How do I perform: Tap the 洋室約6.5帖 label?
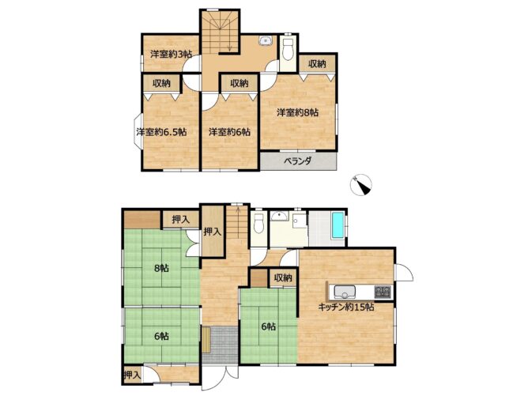coord(161,132)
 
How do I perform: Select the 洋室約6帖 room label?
coord(229,132)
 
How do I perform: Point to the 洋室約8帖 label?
coord(298,112)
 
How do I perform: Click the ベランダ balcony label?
coord(297,161)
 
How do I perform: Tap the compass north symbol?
coord(361,185)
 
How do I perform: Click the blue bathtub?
coord(338,225)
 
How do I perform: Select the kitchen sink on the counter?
coord(345,292)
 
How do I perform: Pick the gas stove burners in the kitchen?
coord(383,291)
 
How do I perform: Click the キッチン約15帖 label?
coord(346,307)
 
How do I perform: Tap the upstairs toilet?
coord(288,50)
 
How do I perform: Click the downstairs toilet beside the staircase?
coord(258,223)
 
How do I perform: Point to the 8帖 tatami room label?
coord(161,268)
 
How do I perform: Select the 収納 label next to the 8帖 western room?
coord(317,64)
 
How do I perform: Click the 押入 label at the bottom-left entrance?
coord(132,375)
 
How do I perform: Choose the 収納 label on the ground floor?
coord(282,278)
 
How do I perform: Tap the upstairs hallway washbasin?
coord(266,41)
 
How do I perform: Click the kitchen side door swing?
coord(404,272)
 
